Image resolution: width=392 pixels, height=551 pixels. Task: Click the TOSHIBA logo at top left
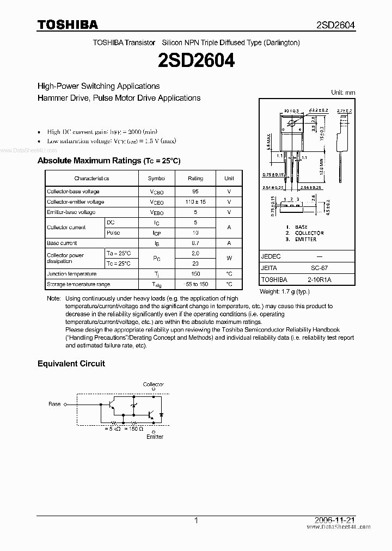68,24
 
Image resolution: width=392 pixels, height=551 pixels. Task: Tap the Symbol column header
156,178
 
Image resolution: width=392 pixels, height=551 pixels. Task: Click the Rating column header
195,178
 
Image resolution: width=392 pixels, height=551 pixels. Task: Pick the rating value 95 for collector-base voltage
195,192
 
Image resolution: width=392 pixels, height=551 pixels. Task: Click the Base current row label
62,243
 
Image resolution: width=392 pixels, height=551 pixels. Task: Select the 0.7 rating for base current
195,243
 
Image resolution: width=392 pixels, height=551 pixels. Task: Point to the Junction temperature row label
72,274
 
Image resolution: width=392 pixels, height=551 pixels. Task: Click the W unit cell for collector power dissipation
229,259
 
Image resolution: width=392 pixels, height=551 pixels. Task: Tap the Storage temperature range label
78,284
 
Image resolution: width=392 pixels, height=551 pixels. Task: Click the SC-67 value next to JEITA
319,268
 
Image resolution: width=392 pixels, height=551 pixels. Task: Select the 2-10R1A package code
319,279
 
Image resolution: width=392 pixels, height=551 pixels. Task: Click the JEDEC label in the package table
271,256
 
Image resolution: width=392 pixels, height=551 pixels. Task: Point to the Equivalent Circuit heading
71,363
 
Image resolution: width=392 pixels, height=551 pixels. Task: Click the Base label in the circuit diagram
54,404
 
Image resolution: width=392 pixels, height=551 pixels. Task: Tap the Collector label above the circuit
153,384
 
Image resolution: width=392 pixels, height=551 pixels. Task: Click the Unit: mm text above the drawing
343,93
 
